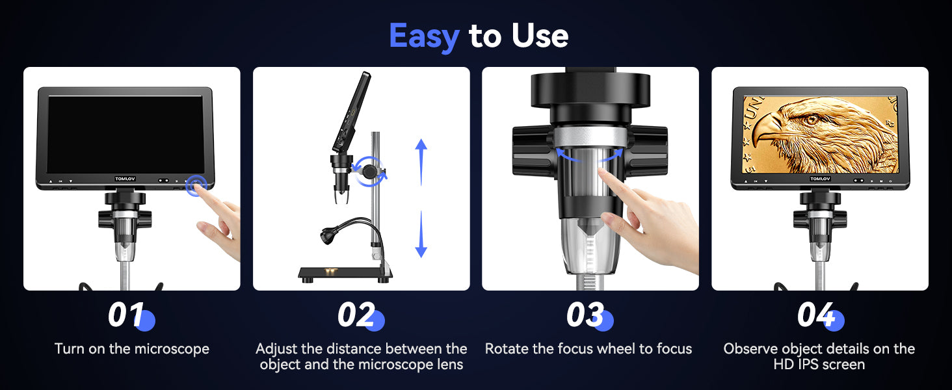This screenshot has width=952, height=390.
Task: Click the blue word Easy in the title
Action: coord(424,37)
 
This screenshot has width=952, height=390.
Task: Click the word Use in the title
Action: coord(540,36)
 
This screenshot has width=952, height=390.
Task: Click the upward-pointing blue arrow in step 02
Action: coord(421,162)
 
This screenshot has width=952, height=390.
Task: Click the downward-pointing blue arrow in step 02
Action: coord(421,234)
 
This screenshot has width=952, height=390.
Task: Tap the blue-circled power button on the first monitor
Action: coord(196,185)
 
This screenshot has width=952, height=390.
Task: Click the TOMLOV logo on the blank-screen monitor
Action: coord(125,179)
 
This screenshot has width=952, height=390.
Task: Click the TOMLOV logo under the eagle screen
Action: coord(820,179)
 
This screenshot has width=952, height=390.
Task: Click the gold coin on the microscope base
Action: coord(330,271)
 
